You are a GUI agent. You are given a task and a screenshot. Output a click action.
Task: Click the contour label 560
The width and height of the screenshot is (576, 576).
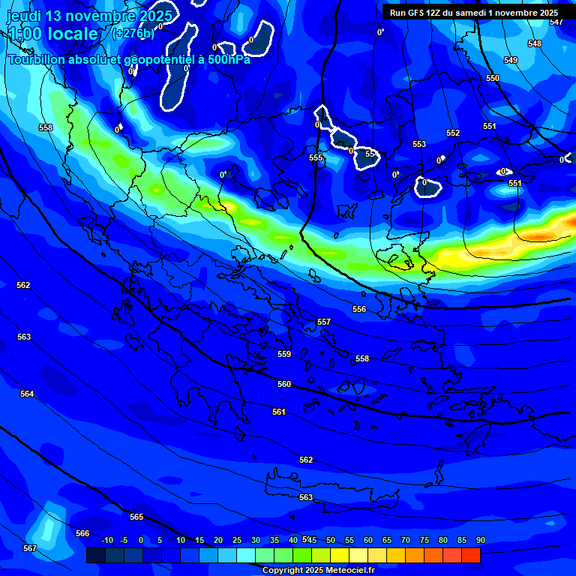pyautogui.click(x=284, y=384)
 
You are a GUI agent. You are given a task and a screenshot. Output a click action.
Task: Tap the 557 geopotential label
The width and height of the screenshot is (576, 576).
pyautogui.click(x=324, y=322)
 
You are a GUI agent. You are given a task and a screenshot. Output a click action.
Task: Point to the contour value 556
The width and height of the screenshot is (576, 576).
pyautogui.click(x=359, y=309)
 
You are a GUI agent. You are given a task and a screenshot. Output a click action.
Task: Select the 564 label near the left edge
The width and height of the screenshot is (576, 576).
pyautogui.click(x=27, y=394)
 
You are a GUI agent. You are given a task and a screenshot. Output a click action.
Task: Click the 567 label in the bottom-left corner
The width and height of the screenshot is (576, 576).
pyautogui.click(x=29, y=548)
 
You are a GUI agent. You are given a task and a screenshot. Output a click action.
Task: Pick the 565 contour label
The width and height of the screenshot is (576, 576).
pyautogui.click(x=136, y=517)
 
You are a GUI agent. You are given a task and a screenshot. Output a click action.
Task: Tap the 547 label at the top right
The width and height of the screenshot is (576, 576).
pyautogui.click(x=556, y=22)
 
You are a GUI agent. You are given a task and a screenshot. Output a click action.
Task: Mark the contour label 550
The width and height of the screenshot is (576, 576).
pyautogui.click(x=493, y=78)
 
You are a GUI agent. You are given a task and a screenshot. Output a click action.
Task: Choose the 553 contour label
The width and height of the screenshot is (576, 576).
pyautogui.click(x=419, y=144)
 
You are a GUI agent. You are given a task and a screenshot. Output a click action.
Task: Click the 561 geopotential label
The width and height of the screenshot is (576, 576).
pyautogui.click(x=279, y=412)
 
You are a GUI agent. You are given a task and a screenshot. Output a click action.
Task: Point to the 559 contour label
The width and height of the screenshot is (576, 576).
pyautogui.click(x=284, y=354)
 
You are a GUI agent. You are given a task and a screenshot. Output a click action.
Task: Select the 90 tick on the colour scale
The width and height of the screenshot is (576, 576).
pyautogui.click(x=480, y=540)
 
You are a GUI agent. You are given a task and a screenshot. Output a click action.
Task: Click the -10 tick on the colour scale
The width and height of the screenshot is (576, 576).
pyautogui.click(x=107, y=540)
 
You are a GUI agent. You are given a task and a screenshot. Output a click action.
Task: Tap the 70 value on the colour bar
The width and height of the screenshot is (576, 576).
pyautogui.click(x=405, y=540)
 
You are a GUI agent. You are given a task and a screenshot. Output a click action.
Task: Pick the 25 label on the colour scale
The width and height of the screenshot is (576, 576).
pyautogui.click(x=237, y=540)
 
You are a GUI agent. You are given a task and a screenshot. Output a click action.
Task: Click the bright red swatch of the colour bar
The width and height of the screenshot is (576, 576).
pyautogui.click(x=471, y=555)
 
